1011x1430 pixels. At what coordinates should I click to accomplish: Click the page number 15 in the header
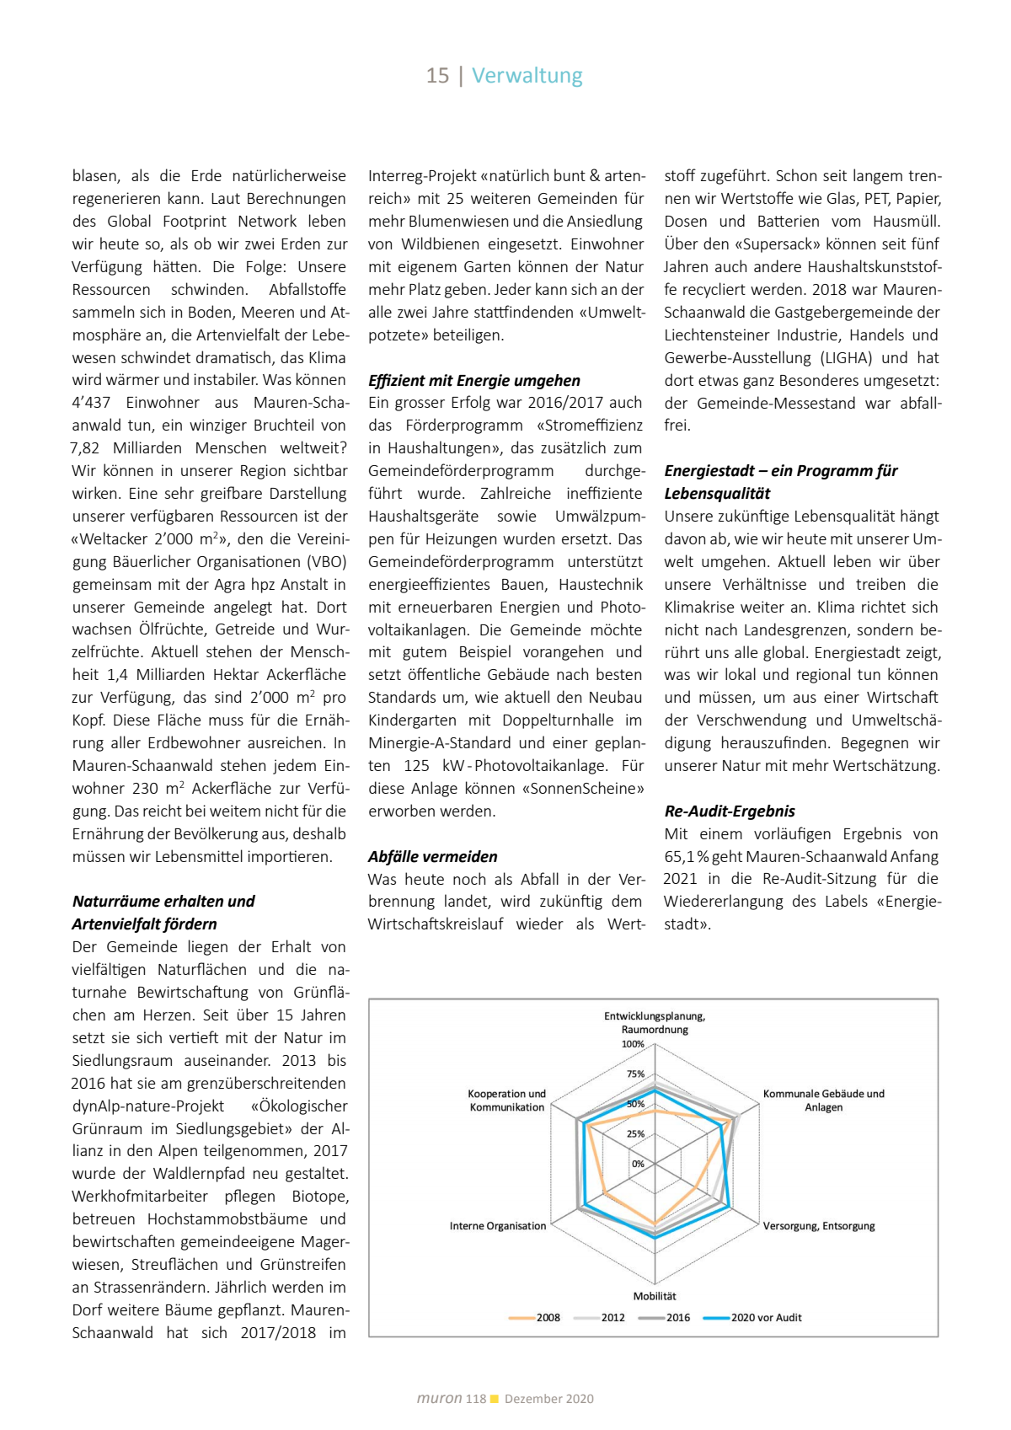(437, 76)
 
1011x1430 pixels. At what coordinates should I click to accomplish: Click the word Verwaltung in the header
(527, 76)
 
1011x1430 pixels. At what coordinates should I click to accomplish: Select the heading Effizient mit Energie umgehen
(473, 380)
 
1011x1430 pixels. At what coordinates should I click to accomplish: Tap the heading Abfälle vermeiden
(432, 856)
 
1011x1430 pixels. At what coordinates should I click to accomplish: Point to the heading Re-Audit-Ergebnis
(729, 811)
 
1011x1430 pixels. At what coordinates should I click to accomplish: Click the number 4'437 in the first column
(91, 403)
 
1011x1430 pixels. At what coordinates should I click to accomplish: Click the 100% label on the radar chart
(633, 1044)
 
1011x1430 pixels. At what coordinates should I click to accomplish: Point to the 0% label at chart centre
(638, 1164)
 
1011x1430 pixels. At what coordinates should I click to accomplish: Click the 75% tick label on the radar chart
(635, 1074)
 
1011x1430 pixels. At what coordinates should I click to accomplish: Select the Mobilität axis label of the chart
(655, 1296)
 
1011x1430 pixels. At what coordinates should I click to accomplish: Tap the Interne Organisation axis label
(497, 1226)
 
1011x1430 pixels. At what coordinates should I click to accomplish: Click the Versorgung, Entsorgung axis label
(819, 1226)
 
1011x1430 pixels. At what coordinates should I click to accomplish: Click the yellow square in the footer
(495, 1399)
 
